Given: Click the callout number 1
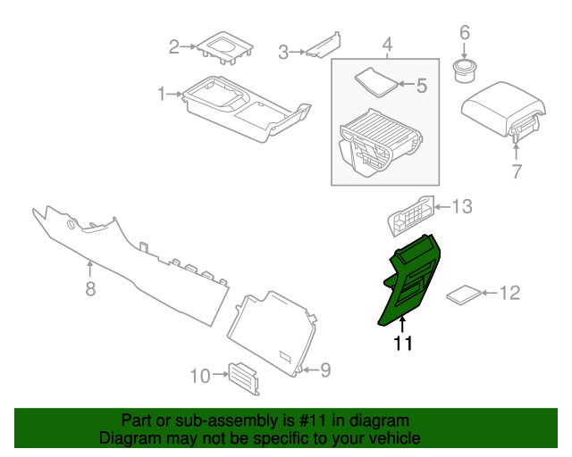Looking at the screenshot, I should [x=162, y=93].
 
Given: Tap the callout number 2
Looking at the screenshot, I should [x=175, y=47].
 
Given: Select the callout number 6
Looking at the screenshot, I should [x=464, y=33].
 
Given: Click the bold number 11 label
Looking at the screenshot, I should [x=403, y=343].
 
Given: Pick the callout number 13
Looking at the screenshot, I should [x=461, y=207].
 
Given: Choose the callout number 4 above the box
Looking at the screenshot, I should [x=387, y=45].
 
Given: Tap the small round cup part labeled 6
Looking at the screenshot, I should [x=465, y=71].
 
